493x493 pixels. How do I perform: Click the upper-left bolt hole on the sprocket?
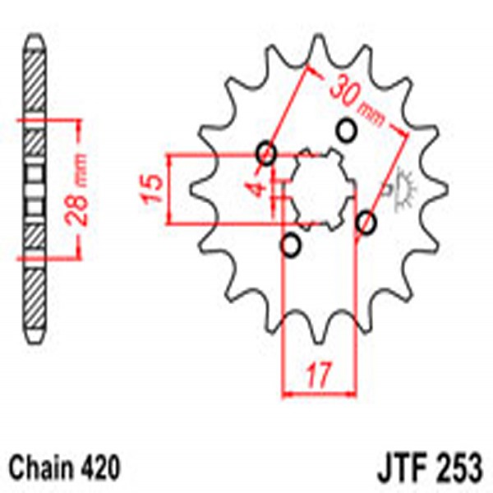265,152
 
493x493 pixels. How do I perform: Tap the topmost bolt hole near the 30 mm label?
346,129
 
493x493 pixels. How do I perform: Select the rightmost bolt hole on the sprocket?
366,222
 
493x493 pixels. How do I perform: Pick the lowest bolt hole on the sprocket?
290,246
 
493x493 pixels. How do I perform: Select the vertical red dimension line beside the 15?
168,188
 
